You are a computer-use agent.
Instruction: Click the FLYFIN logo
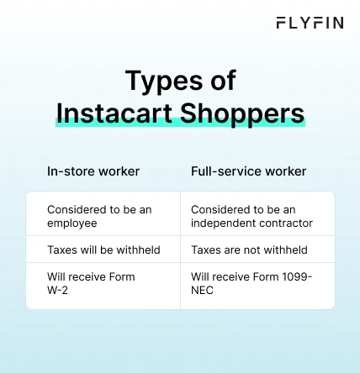(309, 23)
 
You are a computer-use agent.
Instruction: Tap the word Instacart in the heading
(109, 113)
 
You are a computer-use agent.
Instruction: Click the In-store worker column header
(93, 171)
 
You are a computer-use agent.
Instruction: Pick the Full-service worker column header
(248, 171)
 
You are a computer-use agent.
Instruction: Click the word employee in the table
(71, 223)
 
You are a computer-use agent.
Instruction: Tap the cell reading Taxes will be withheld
(103, 250)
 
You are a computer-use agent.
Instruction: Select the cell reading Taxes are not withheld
(249, 250)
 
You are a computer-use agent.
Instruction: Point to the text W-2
(58, 290)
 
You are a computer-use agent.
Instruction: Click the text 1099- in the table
(295, 276)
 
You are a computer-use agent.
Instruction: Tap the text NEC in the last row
(202, 290)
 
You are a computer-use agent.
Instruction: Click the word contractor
(285, 223)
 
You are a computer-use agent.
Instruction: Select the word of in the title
(222, 81)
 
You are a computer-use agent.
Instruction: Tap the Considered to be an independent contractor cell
(251, 216)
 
